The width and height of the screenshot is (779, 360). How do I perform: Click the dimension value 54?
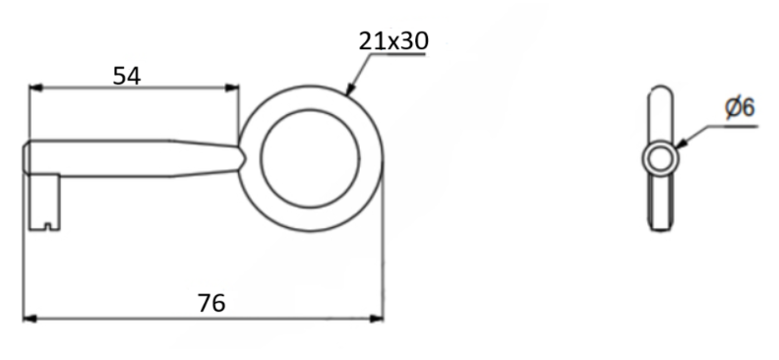click(126, 75)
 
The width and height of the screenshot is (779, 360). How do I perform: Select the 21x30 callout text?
click(393, 40)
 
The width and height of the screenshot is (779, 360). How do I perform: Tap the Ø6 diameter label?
click(740, 107)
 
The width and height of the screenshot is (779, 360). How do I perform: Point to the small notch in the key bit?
click(49, 229)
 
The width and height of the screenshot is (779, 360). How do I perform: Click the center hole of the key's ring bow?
click(310, 157)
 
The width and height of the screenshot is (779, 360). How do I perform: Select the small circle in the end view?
click(660, 157)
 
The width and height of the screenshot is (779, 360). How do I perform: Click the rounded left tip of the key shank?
click(28, 158)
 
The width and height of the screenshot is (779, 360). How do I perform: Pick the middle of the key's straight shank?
click(118, 158)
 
